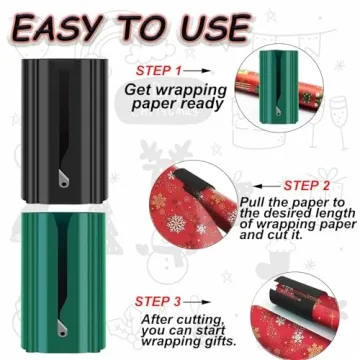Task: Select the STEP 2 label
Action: pyautogui.click(x=311, y=186)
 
